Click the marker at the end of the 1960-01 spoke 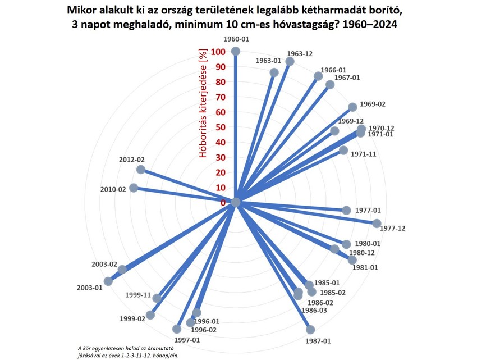pyautogui.click(x=236, y=51)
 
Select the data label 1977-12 pyautogui.click(x=393, y=228)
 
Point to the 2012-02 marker pyautogui.click(x=141, y=169)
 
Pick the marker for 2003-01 pyautogui.click(x=108, y=281)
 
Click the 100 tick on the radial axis pyautogui.click(x=219, y=52)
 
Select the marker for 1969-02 pyautogui.click(x=352, y=107)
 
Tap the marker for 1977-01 pyautogui.click(x=346, y=210)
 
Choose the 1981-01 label pyautogui.click(x=365, y=267)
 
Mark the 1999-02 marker pyautogui.click(x=150, y=315)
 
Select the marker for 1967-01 pyautogui.click(x=330, y=85)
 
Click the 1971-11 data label pyautogui.click(x=363, y=153)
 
